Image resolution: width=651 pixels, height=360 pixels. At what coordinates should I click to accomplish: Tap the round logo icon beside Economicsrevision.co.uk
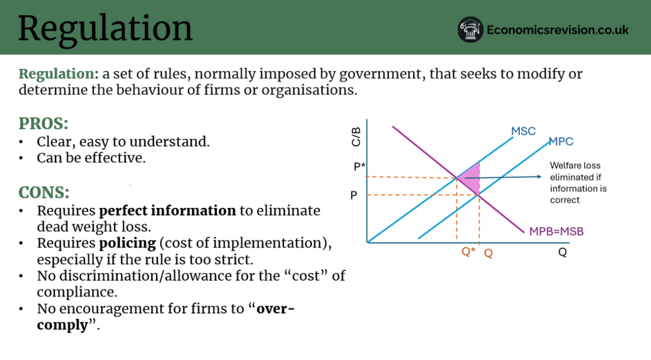tap(470, 29)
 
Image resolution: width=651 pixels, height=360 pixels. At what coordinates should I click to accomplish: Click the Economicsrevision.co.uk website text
tap(558, 30)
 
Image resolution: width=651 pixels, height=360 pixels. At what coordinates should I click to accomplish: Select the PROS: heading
tap(43, 123)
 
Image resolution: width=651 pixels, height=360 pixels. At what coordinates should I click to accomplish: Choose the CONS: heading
tap(43, 192)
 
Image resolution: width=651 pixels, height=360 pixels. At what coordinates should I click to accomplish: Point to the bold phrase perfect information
tap(168, 211)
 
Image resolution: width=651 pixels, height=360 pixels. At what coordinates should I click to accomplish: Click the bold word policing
tap(127, 243)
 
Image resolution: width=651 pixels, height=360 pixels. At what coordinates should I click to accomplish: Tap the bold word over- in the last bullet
tap(276, 308)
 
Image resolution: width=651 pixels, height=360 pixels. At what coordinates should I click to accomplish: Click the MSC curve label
tap(523, 131)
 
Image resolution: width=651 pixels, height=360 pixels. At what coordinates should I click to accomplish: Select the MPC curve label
tap(561, 141)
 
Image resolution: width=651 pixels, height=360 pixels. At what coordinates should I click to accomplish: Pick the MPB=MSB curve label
tap(556, 231)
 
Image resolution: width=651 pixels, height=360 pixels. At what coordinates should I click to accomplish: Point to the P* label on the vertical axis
tap(359, 166)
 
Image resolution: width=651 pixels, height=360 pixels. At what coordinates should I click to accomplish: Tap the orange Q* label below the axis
tap(468, 251)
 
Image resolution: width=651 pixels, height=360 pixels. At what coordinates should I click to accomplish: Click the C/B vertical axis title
tap(356, 137)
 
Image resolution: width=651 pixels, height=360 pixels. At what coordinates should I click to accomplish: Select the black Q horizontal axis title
tap(562, 252)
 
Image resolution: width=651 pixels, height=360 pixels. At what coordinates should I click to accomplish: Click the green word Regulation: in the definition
tap(59, 74)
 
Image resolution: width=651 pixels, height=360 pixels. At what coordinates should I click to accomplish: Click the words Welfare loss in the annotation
tap(575, 165)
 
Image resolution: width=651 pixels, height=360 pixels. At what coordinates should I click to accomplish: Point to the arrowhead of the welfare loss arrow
tap(539, 176)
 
